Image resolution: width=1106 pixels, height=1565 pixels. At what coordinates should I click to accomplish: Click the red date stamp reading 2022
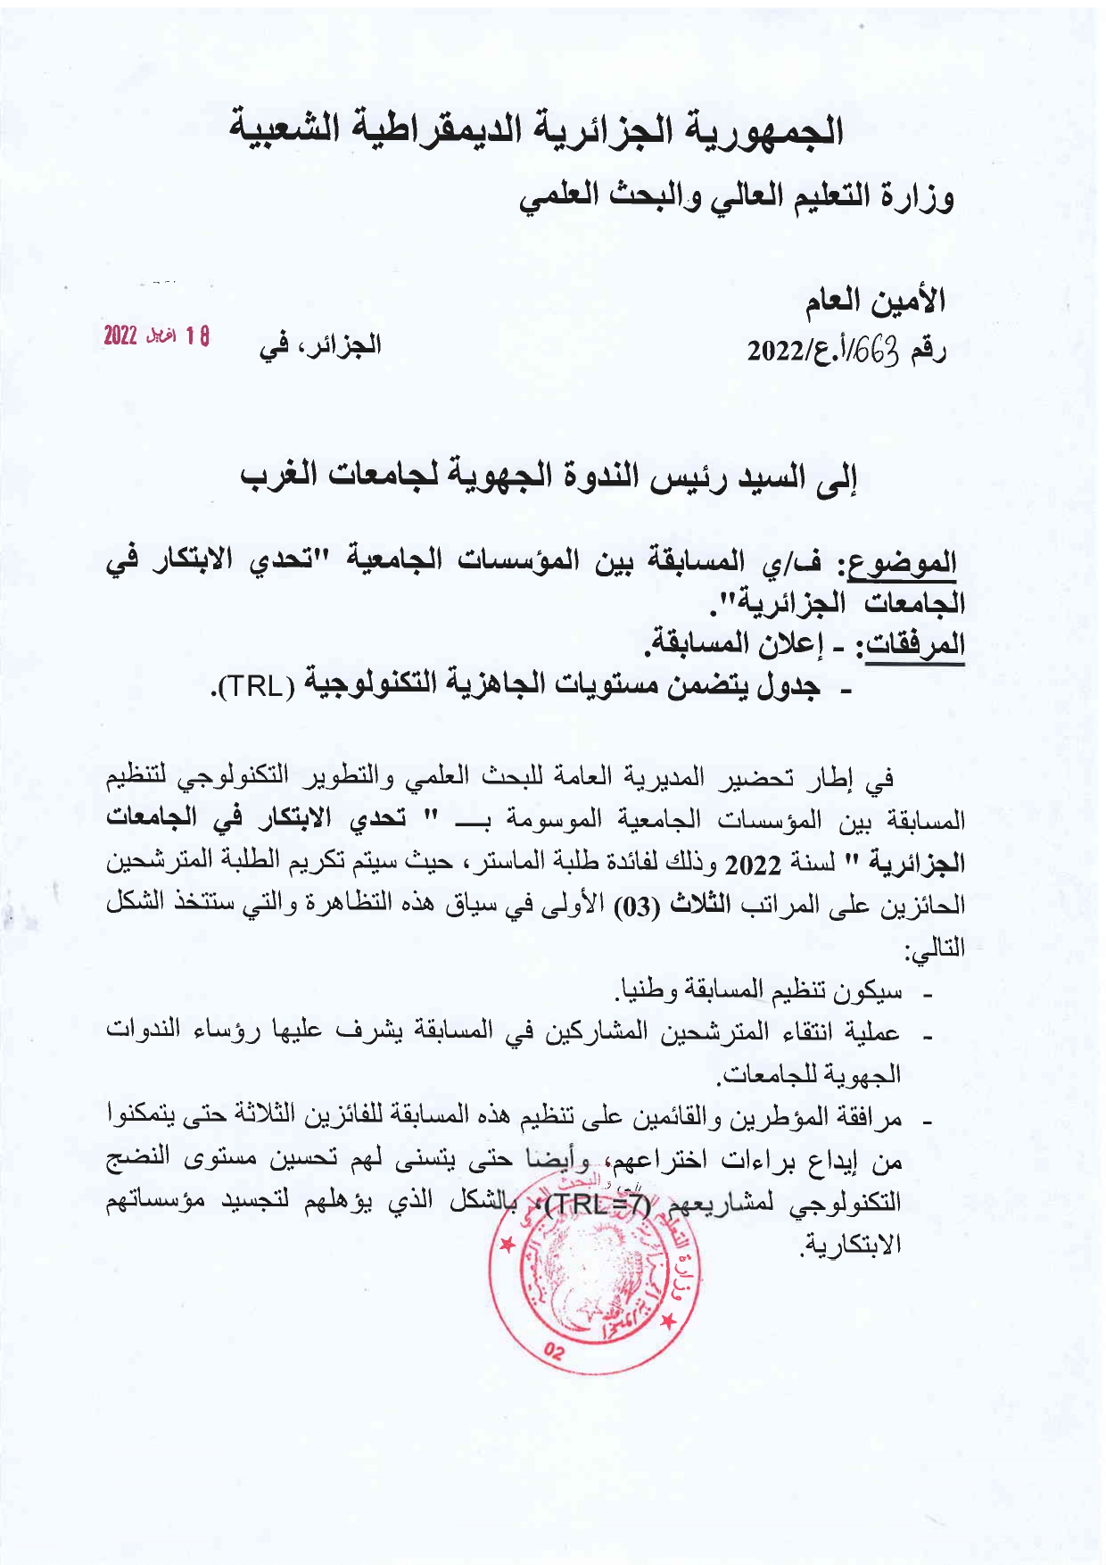[x=156, y=337]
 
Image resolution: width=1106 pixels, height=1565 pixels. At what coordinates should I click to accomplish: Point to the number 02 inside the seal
[x=553, y=1353]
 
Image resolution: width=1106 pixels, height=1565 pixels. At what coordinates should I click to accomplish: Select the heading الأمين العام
[x=879, y=301]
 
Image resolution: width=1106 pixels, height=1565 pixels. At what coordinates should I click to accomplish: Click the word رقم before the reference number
[x=928, y=352]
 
